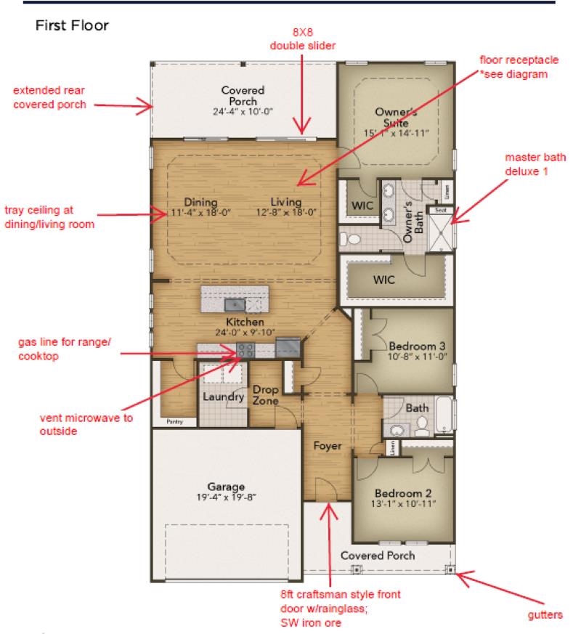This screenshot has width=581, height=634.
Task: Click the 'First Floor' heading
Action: (x=72, y=26)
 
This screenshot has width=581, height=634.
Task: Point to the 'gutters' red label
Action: (x=544, y=614)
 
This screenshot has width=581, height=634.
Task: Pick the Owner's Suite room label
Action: (x=397, y=122)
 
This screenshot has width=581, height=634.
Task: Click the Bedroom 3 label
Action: (x=413, y=351)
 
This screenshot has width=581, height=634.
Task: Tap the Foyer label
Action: (x=328, y=446)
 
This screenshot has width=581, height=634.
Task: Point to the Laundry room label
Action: (x=222, y=397)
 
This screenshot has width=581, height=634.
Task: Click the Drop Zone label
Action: (x=266, y=395)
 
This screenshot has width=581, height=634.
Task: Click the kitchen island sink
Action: (x=235, y=302)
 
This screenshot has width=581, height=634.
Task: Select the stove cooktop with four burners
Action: (x=245, y=350)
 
